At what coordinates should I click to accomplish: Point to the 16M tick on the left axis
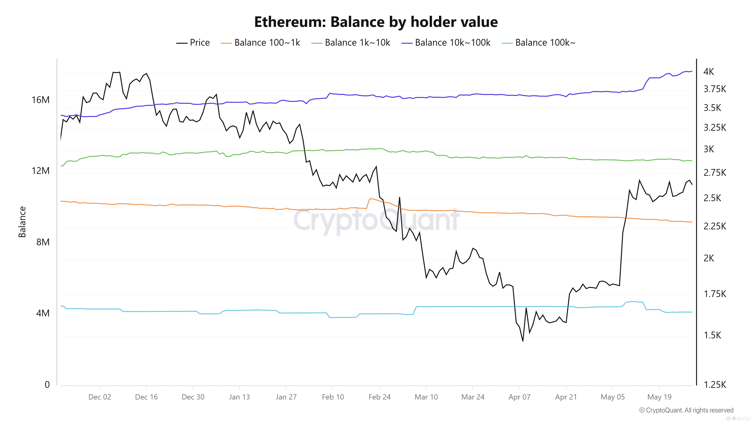click(x=41, y=100)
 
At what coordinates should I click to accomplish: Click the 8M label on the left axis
click(x=43, y=242)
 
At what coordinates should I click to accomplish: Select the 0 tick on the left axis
click(x=47, y=384)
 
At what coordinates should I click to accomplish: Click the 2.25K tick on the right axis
click(x=714, y=226)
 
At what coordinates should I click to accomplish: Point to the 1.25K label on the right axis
click(x=714, y=384)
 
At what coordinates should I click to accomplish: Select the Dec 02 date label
click(x=100, y=397)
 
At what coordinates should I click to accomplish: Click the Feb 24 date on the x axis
click(x=379, y=397)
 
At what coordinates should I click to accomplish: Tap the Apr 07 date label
click(x=519, y=397)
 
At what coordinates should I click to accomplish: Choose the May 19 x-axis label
click(x=659, y=397)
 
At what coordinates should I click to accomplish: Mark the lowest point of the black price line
click(x=523, y=341)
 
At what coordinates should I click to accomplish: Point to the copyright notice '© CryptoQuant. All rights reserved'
click(x=686, y=410)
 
